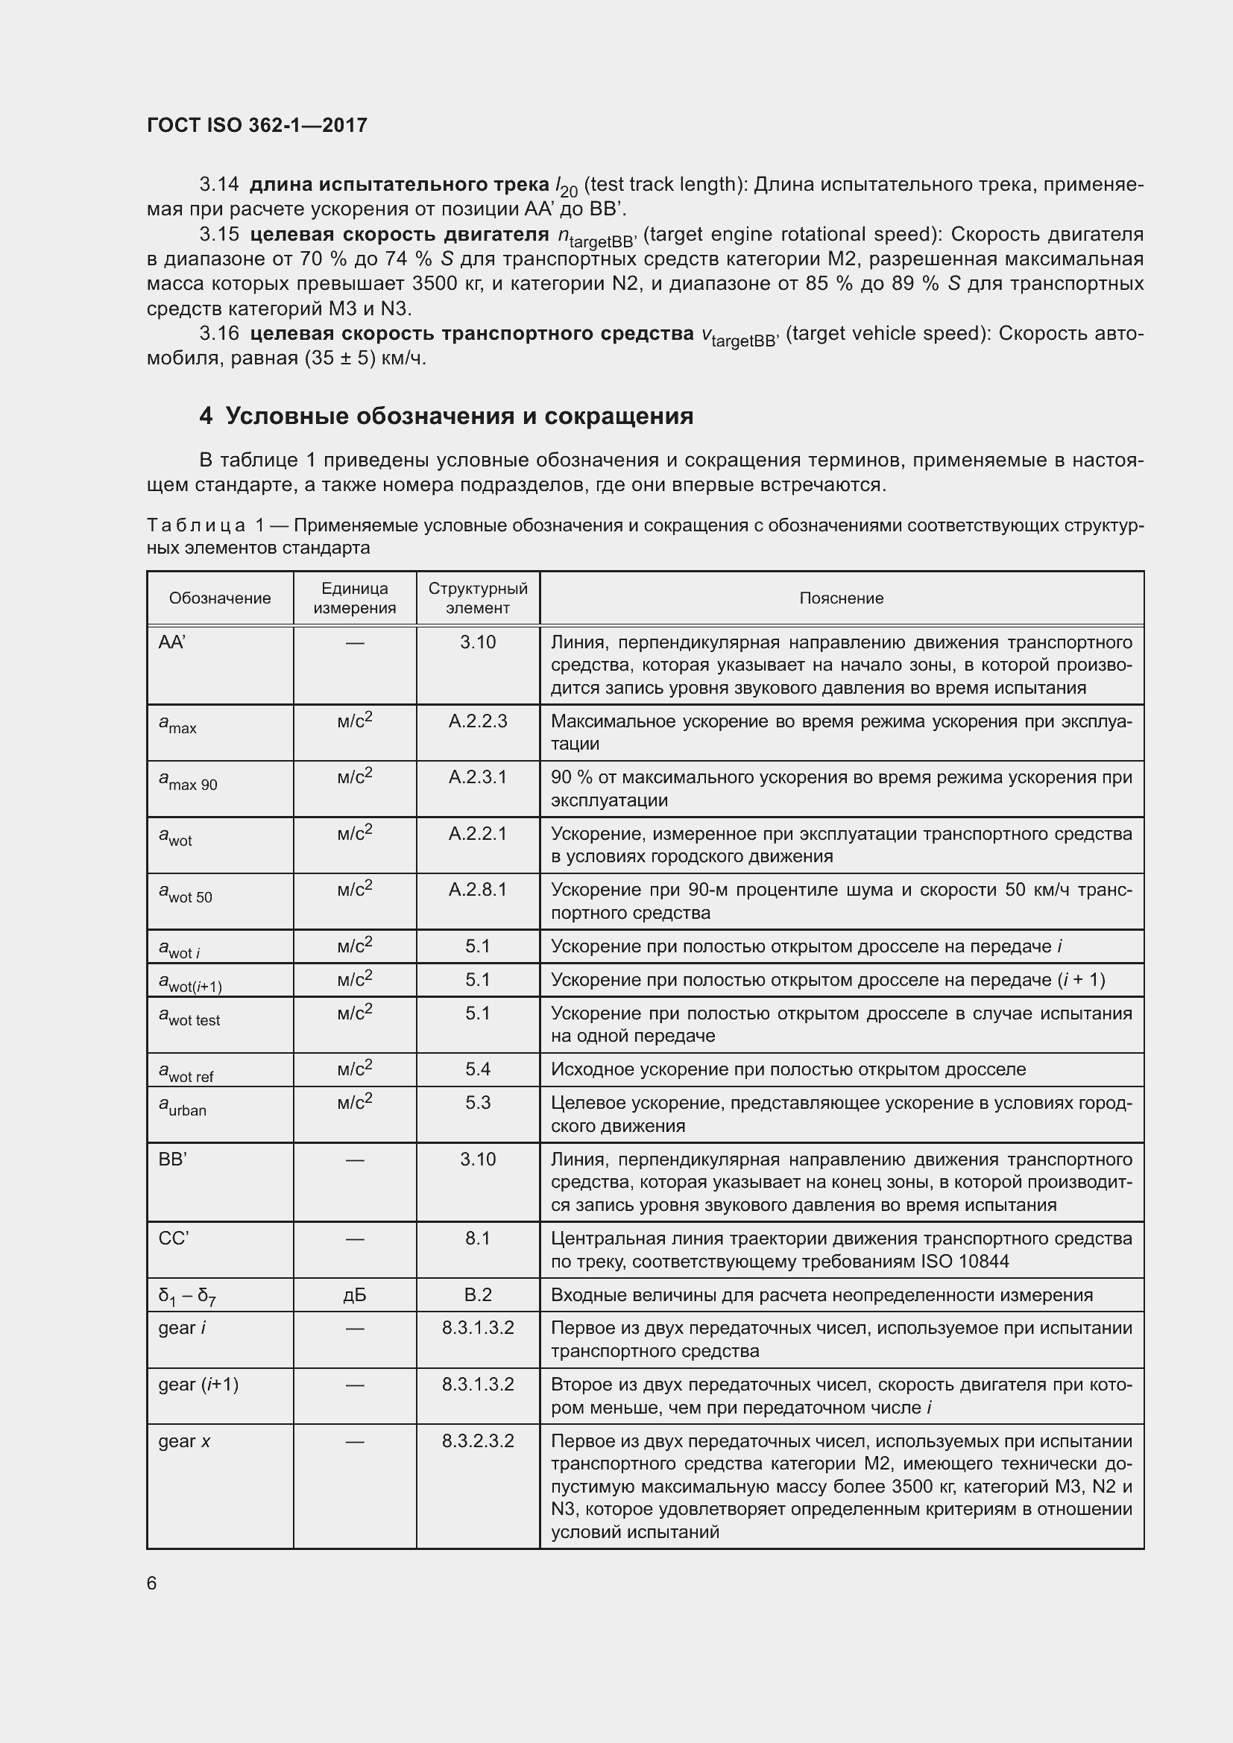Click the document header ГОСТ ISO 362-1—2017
pyautogui.click(x=256, y=125)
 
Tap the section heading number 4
pyautogui.click(x=205, y=416)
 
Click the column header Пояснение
pyautogui.click(x=841, y=598)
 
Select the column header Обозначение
pyautogui.click(x=219, y=598)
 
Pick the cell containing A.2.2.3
pyautogui.click(x=478, y=721)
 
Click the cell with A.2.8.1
pyautogui.click(x=478, y=890)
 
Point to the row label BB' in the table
pyautogui.click(x=172, y=1160)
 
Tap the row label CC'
pyautogui.click(x=173, y=1239)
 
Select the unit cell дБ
pyautogui.click(x=355, y=1295)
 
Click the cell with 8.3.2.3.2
pyautogui.click(x=478, y=1441)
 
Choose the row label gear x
pyautogui.click(x=184, y=1441)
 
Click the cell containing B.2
pyautogui.click(x=478, y=1295)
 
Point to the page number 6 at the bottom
pyautogui.click(x=152, y=1583)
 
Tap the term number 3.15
pyautogui.click(x=218, y=234)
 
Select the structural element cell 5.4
pyautogui.click(x=478, y=1069)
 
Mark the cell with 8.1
pyautogui.click(x=478, y=1239)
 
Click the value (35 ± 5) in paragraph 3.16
pyautogui.click(x=340, y=358)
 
